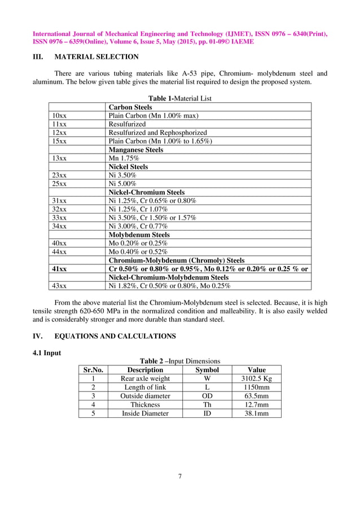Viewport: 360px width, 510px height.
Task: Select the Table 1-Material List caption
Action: click(x=180, y=98)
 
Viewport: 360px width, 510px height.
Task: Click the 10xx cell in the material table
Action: click(x=59, y=115)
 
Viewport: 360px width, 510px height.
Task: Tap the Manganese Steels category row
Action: click(x=136, y=150)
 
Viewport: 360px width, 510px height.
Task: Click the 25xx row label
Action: click(x=59, y=184)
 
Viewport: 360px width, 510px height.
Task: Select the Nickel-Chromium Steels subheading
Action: click(x=146, y=192)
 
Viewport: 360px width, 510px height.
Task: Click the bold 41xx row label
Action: click(x=59, y=269)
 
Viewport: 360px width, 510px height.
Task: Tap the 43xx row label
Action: click(x=59, y=286)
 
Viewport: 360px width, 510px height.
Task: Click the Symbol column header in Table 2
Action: click(x=207, y=370)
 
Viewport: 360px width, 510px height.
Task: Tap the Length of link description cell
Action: click(x=146, y=387)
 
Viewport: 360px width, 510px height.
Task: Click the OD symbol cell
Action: click(x=207, y=396)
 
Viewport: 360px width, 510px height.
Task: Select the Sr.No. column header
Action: click(x=93, y=370)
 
